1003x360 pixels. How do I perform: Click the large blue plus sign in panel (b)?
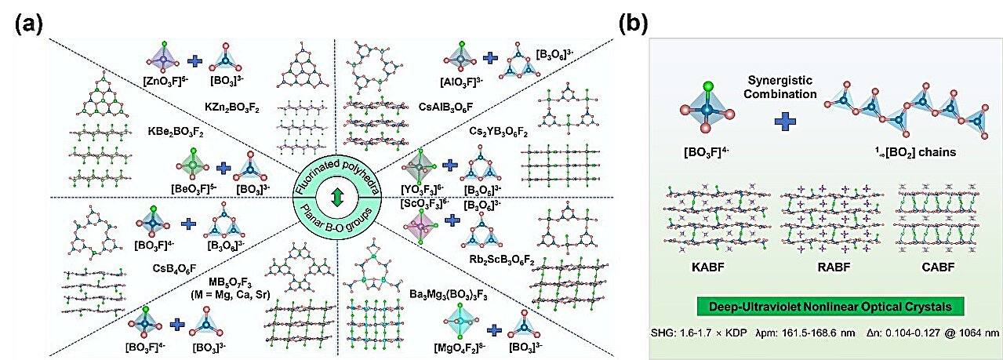coord(782,121)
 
